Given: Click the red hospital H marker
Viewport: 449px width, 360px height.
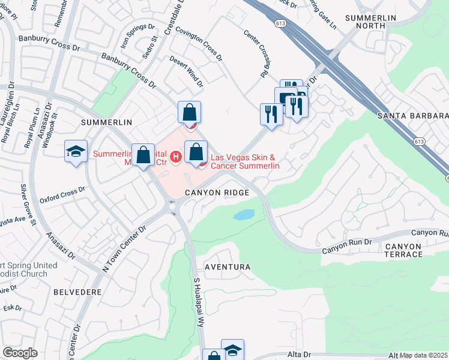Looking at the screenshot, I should click(x=176, y=157).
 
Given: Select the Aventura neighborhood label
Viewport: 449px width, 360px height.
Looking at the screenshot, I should click(x=227, y=266).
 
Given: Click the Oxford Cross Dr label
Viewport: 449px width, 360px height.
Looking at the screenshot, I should click(x=62, y=196).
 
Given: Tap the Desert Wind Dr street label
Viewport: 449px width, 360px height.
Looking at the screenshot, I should click(x=186, y=70).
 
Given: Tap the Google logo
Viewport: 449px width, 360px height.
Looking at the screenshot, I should click(x=20, y=353).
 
